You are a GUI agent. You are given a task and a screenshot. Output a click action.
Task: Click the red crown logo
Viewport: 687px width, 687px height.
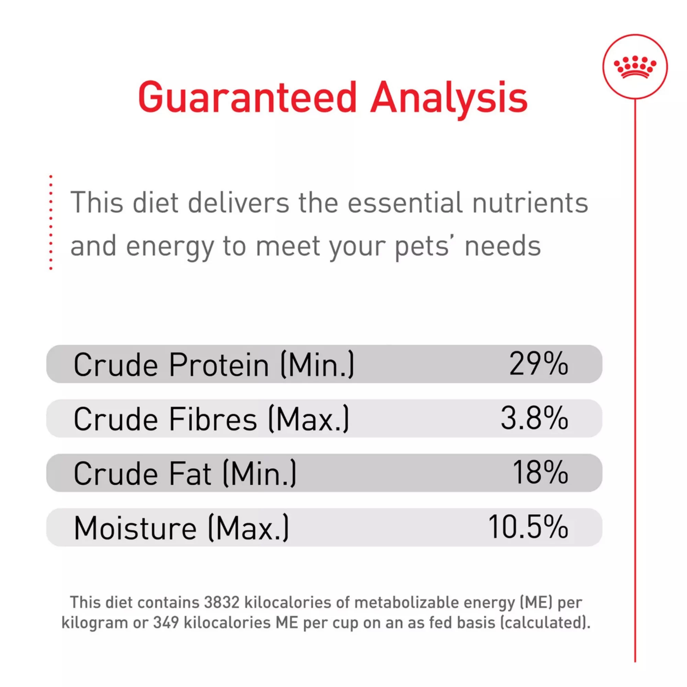coord(635,67)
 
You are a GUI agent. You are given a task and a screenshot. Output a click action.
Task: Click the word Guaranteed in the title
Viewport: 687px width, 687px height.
coord(247,97)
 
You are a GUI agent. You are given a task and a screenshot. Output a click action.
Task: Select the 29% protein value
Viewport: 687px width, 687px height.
coord(538,363)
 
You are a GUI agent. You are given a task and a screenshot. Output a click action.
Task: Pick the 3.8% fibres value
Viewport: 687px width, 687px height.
coord(534,418)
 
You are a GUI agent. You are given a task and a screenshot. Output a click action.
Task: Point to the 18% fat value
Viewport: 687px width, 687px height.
coord(540,472)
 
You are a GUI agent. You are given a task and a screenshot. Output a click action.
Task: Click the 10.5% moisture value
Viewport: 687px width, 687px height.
coord(528,527)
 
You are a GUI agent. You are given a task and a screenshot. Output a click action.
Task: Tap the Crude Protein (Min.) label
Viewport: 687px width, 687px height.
coord(214,364)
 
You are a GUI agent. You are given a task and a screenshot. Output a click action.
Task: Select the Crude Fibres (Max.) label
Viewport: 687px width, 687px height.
coord(211,419)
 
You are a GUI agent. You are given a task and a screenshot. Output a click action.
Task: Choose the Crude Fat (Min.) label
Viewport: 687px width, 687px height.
coord(185,473)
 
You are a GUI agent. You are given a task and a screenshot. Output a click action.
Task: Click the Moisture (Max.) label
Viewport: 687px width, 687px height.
coord(181,528)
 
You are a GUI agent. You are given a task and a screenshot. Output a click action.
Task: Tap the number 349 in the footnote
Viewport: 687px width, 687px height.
coord(166,622)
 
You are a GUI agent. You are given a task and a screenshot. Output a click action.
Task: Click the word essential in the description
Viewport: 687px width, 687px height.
coord(405,202)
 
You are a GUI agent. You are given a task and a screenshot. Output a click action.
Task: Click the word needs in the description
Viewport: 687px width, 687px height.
coord(503,246)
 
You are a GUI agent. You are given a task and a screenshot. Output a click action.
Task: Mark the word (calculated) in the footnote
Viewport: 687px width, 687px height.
coord(545,623)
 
